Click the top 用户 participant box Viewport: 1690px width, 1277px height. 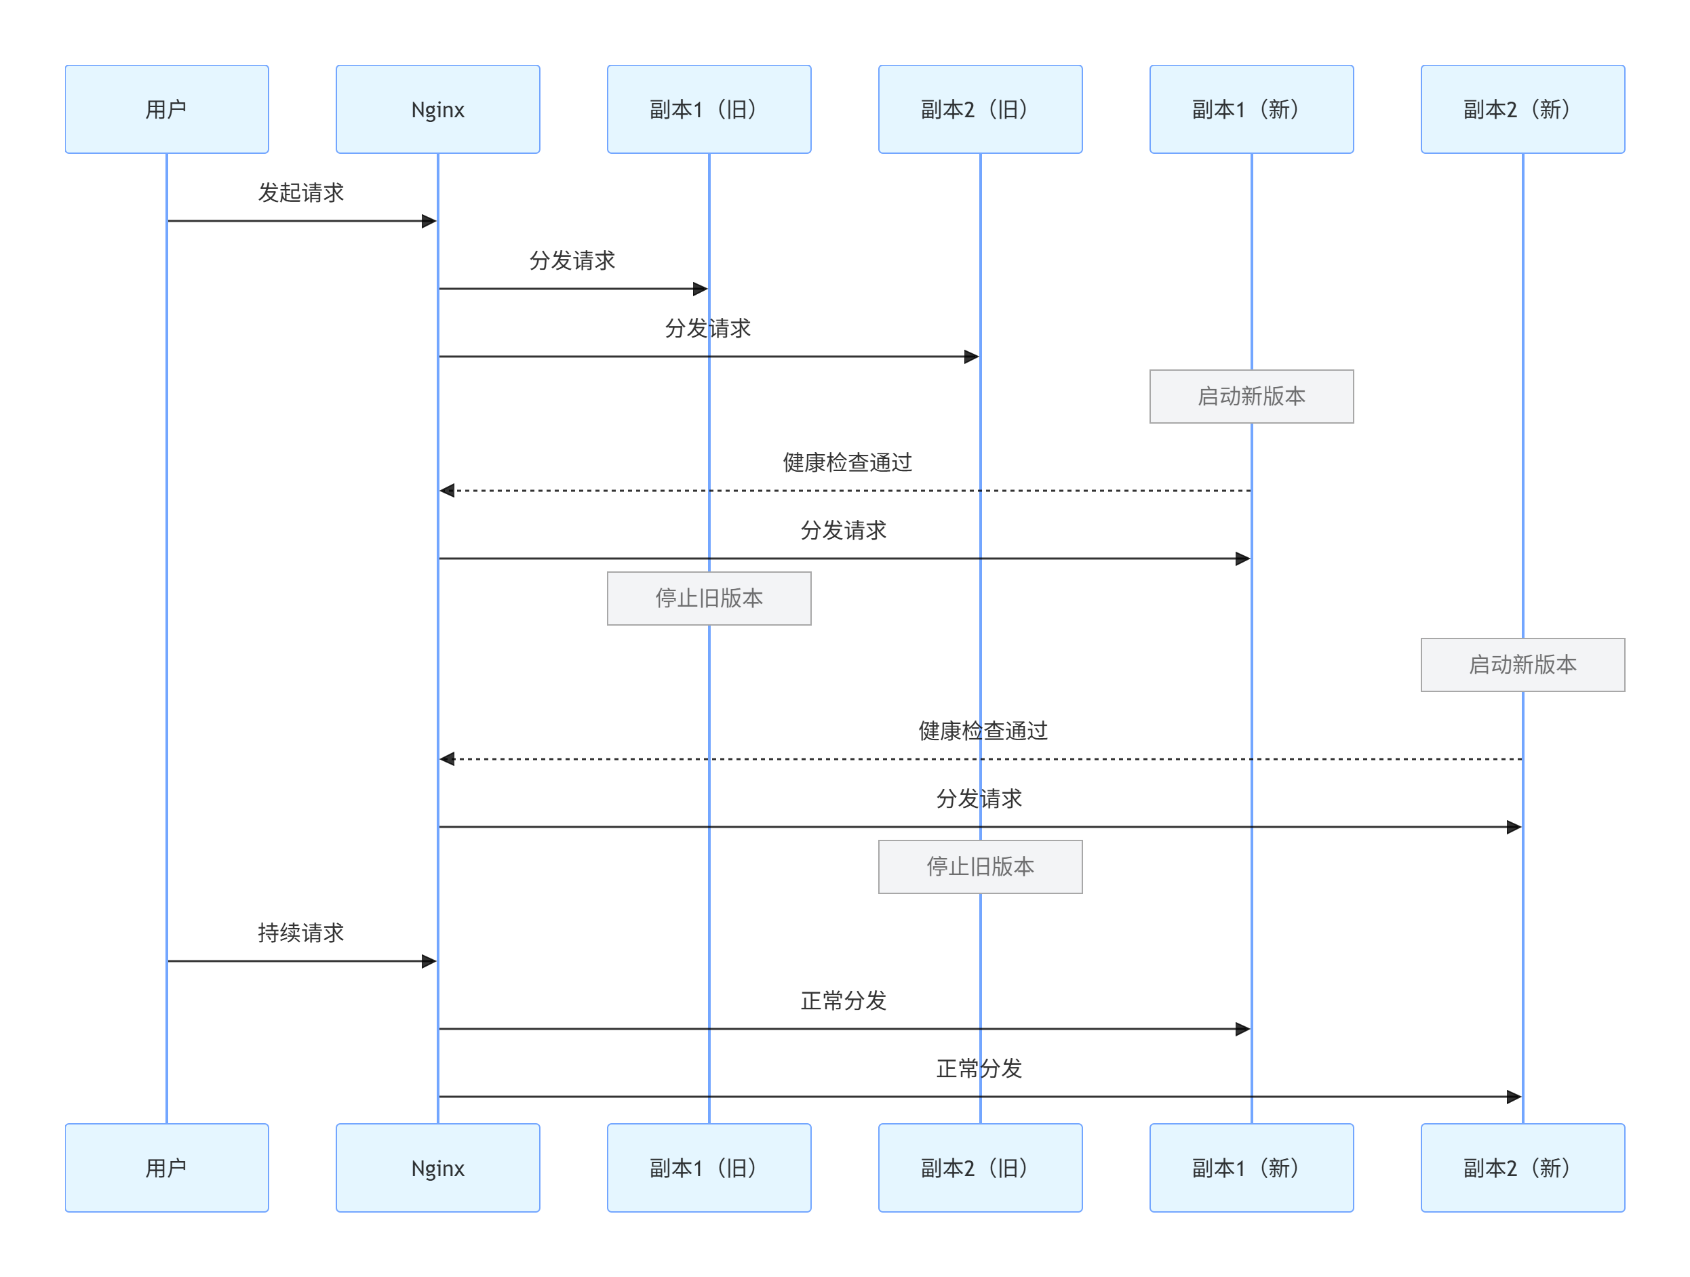pyautogui.click(x=167, y=109)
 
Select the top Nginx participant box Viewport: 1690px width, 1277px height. pyautogui.click(x=438, y=109)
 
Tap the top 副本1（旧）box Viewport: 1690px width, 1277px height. pyautogui.click(x=709, y=109)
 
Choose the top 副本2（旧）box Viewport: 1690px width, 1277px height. pyautogui.click(x=980, y=109)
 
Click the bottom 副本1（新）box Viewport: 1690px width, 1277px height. pyautogui.click(x=1251, y=1167)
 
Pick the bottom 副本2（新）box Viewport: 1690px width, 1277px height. pyautogui.click(x=1522, y=1167)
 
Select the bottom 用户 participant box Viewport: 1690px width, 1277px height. pyautogui.click(x=167, y=1167)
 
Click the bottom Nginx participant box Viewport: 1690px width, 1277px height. pyautogui.click(x=438, y=1167)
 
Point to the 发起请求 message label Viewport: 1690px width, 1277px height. pyautogui.click(x=301, y=192)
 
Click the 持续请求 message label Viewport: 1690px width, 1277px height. pyautogui.click(x=301, y=933)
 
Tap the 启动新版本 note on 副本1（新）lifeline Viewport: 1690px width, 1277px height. pyautogui.click(x=1251, y=397)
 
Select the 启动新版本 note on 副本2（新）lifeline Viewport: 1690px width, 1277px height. pyautogui.click(x=1522, y=664)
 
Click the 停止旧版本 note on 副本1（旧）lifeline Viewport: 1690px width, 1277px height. pyautogui.click(x=709, y=598)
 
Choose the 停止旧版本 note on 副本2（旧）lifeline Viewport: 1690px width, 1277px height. pyautogui.click(x=980, y=866)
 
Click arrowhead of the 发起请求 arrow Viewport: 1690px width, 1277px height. pyautogui.click(x=429, y=222)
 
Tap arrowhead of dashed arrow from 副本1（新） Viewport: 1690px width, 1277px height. pyautogui.click(x=448, y=490)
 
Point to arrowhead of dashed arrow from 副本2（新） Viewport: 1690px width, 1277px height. pyautogui.click(x=448, y=758)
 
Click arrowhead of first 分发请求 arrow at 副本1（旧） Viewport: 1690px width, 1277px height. pyautogui.click(x=700, y=289)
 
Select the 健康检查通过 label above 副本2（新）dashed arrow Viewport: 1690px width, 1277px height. pyautogui.click(x=983, y=731)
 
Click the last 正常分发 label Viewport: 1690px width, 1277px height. pyautogui.click(x=979, y=1068)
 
